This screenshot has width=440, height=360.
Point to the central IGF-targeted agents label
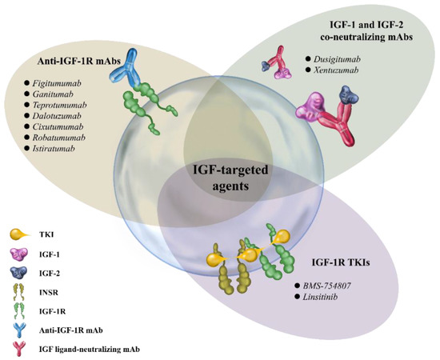[x=219, y=178]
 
